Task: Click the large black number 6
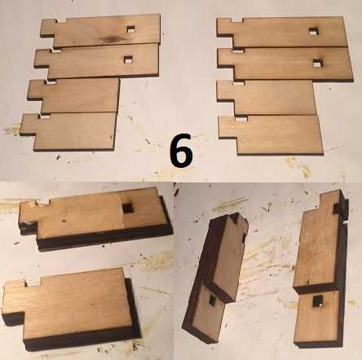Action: (181, 150)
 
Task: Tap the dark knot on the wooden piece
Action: (111, 39)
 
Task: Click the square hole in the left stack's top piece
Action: (130, 29)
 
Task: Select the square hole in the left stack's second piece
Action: (128, 60)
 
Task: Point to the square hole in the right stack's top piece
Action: (314, 32)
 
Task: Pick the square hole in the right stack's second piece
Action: (317, 64)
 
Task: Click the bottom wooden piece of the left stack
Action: (69, 132)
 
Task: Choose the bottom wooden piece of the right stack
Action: (271, 135)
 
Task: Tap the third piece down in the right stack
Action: (267, 98)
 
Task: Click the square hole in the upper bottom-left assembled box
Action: (126, 209)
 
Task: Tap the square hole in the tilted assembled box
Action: (212, 300)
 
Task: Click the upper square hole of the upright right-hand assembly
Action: (337, 209)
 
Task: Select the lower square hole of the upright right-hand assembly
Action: (317, 301)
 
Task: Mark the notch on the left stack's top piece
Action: (61, 21)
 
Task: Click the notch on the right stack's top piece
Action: (236, 20)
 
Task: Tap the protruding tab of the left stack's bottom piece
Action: (29, 125)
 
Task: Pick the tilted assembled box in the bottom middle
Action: (214, 277)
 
